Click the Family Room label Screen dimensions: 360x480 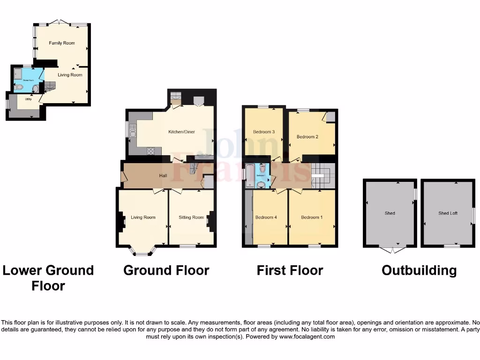point(62,43)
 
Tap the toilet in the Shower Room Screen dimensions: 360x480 point(19,87)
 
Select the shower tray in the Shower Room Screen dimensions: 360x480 point(18,73)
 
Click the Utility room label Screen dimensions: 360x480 point(22,99)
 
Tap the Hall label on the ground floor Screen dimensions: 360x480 point(163,175)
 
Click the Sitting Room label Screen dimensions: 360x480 point(191,217)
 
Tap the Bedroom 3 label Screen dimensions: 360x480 point(263,132)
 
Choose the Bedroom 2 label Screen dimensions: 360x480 point(307,137)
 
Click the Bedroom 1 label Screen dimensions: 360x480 point(312,217)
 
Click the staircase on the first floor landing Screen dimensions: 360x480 point(322,175)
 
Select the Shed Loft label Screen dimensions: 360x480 point(448,213)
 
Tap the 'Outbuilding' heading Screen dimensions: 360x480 point(419,270)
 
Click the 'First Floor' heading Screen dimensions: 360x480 point(290,270)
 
